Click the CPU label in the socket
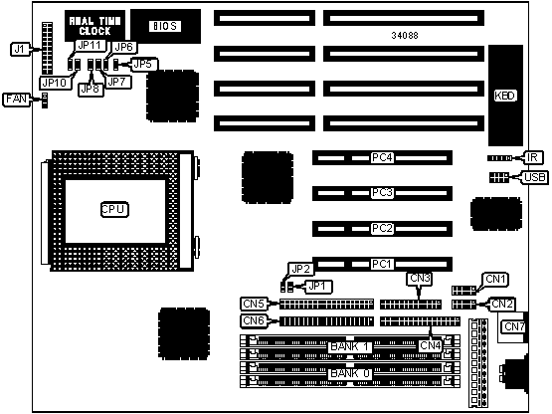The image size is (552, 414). [x=114, y=209]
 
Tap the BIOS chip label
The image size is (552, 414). [x=165, y=26]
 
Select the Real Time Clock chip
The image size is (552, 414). [x=95, y=26]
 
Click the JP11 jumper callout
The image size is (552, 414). [x=91, y=46]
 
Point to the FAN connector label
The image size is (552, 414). [x=16, y=99]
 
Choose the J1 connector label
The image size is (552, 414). [x=19, y=49]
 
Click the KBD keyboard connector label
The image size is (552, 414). [x=505, y=96]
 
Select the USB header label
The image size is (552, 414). [x=534, y=177]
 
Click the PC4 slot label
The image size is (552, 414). [x=382, y=157]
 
